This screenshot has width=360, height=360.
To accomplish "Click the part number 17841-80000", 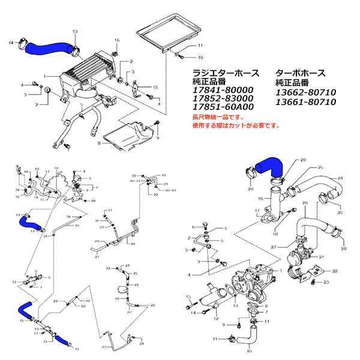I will tap(221, 92).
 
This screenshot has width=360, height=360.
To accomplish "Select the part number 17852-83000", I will tap(221, 100).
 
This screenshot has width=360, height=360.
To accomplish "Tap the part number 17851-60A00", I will tap(222, 107).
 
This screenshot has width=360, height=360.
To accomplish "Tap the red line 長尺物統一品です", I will tap(219, 118).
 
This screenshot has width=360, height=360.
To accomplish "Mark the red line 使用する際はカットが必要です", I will tap(236, 127).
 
